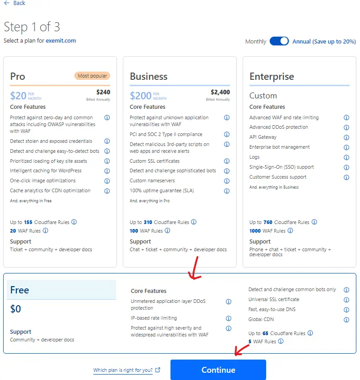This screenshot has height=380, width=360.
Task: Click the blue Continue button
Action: pos(218,370)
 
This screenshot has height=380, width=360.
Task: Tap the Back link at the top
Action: pos(15,3)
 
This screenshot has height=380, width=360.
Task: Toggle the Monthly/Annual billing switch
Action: pos(279,41)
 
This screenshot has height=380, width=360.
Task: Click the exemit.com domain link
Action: pos(61,40)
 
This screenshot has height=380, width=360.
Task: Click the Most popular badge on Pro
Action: pos(92,76)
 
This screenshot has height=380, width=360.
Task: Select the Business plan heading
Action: pos(149,76)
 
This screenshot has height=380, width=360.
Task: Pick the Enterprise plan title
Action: pos(272,77)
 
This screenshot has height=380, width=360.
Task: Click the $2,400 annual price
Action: pos(220,92)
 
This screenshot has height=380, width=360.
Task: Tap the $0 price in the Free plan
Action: pos(15,309)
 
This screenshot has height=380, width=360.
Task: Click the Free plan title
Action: pos(19,290)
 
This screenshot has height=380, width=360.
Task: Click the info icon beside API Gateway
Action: pos(346,137)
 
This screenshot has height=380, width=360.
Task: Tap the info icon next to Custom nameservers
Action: pos(227,181)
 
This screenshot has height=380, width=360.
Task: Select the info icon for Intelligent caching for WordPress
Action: pos(107,171)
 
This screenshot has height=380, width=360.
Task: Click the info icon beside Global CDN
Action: pos(346,320)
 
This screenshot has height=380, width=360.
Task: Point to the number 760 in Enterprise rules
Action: pos(268,222)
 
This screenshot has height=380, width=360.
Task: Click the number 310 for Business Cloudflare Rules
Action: pos(148,222)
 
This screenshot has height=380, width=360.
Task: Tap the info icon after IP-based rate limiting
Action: pos(229,318)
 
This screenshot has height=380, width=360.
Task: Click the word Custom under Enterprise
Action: pos(263,96)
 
